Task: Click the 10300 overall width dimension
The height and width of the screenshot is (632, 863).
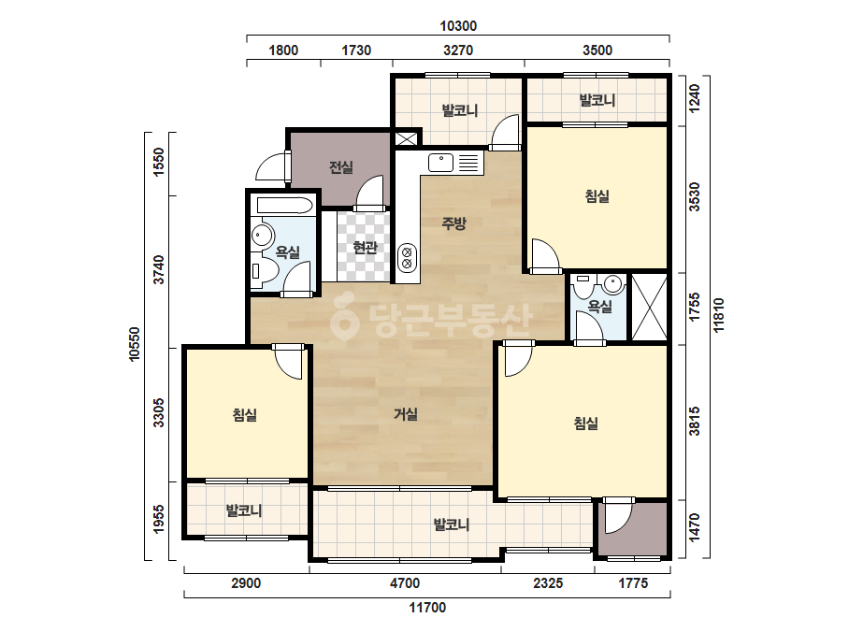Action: [x=458, y=26]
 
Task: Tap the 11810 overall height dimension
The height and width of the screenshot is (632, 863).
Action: [x=719, y=315]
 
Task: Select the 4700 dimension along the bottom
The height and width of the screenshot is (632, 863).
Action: [x=405, y=583]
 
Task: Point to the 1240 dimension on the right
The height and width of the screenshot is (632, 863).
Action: [x=695, y=98]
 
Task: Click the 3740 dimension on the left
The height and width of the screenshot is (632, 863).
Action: [x=159, y=270]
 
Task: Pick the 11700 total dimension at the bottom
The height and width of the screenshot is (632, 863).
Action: [x=427, y=608]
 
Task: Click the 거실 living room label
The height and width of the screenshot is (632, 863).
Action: [x=406, y=414]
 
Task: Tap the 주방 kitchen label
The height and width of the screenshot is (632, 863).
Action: [x=454, y=223]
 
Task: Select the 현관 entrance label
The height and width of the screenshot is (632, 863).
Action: [x=365, y=248]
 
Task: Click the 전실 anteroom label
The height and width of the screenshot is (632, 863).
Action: [x=340, y=166]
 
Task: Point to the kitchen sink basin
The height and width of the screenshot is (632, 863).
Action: [x=441, y=163]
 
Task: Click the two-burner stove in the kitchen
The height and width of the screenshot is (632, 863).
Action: [x=408, y=258]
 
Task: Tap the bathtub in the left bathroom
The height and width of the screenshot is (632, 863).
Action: [x=283, y=206]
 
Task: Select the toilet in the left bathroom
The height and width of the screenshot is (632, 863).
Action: [x=264, y=271]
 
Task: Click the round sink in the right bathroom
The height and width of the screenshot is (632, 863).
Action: [x=612, y=284]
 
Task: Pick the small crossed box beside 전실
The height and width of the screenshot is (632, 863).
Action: [x=407, y=138]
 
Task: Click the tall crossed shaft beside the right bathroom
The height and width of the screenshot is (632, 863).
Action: [x=649, y=307]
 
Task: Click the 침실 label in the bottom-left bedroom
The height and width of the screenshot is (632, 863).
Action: [x=245, y=414]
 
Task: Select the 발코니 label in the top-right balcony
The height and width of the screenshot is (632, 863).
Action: [x=597, y=100]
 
